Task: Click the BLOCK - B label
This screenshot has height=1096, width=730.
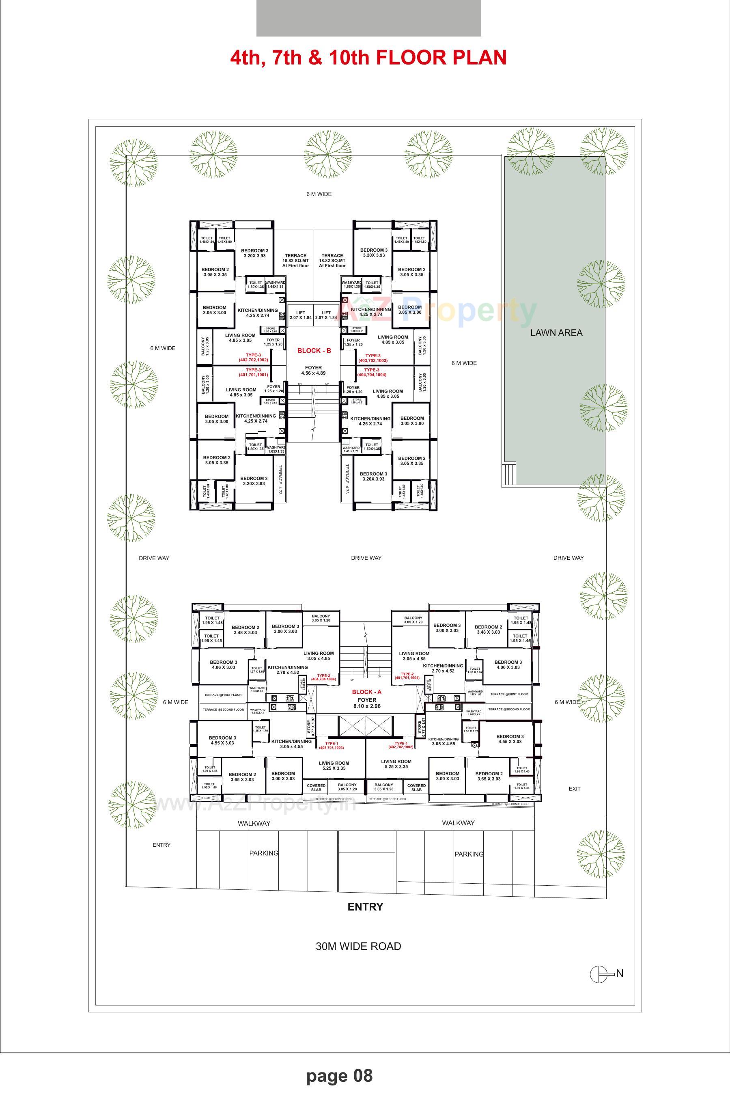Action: click(x=314, y=351)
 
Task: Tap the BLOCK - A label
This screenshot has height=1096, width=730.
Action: click(x=366, y=692)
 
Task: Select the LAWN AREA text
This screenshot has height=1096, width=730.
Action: click(x=556, y=332)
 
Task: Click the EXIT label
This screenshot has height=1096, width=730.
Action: click(x=575, y=789)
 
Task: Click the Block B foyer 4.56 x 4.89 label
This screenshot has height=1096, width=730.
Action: click(x=313, y=370)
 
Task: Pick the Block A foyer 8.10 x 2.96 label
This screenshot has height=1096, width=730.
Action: click(x=366, y=703)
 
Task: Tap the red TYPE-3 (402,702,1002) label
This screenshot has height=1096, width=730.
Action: click(x=253, y=358)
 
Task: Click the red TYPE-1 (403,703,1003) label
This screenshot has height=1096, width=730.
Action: click(x=332, y=745)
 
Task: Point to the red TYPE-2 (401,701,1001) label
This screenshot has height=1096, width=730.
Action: click(x=407, y=676)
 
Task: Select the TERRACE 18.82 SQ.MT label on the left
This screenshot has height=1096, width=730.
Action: click(x=296, y=260)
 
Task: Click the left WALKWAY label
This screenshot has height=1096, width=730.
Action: click(x=254, y=823)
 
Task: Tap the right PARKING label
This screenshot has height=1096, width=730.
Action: click(x=469, y=854)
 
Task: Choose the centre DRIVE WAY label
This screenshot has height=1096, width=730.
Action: click(x=366, y=557)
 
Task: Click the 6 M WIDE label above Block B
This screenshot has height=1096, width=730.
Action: click(x=319, y=194)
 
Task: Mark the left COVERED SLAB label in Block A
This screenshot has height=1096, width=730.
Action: click(x=316, y=787)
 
